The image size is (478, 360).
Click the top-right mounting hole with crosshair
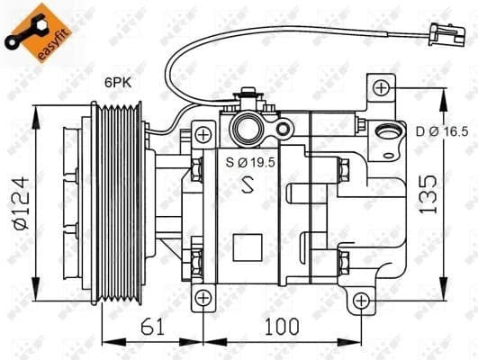[382, 87]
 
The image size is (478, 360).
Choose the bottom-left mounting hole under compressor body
[204, 297]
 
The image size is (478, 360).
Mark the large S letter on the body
[249, 187]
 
